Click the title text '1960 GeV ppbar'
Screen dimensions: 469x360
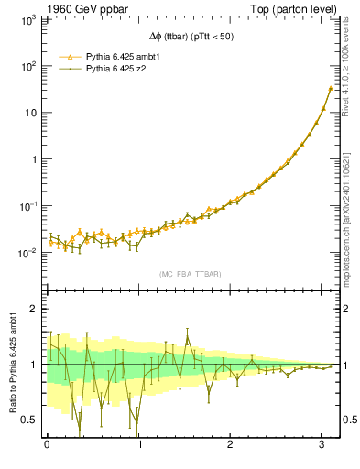(x=82, y=8)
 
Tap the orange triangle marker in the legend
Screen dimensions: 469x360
(x=64, y=57)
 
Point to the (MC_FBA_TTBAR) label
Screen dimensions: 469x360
(x=190, y=274)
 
